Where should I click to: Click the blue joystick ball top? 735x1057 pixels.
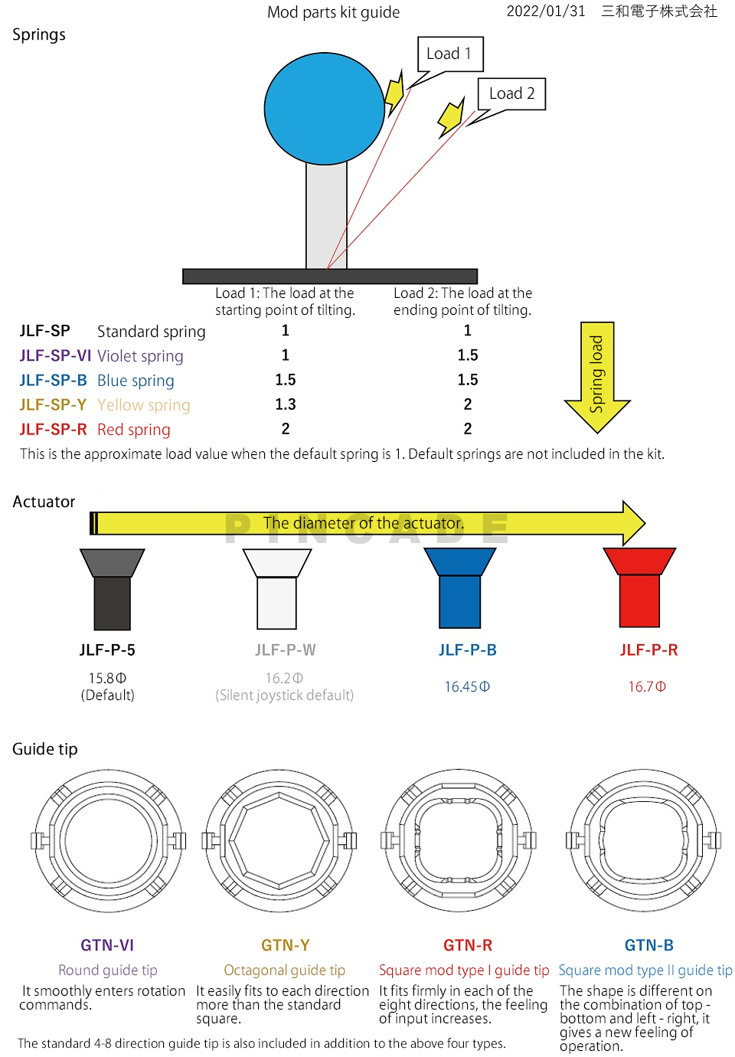tap(324, 109)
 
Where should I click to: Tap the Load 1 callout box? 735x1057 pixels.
tap(450, 54)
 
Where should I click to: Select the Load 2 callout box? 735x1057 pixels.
tap(511, 93)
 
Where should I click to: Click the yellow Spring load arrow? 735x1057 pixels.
tap(596, 377)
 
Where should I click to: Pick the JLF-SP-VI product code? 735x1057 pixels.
tap(55, 355)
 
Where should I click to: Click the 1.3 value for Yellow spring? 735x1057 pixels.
tap(286, 404)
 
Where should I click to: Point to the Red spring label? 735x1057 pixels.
tap(133, 430)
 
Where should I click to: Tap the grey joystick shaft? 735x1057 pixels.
tap(326, 216)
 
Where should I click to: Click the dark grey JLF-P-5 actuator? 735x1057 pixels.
tap(113, 589)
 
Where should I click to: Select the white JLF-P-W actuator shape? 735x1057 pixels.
tap(277, 588)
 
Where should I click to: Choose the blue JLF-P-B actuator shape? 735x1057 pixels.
tap(459, 588)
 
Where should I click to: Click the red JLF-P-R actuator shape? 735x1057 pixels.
tap(639, 587)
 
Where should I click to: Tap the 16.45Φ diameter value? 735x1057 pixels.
tap(467, 686)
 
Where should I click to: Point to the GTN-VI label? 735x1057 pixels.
tap(107, 945)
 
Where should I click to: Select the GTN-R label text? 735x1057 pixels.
tap(468, 945)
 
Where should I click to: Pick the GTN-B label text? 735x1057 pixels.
tap(648, 945)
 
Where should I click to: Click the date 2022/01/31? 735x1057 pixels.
tap(546, 11)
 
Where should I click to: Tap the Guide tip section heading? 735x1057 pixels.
tap(45, 749)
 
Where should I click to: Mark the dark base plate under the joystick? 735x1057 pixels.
tap(330, 277)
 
